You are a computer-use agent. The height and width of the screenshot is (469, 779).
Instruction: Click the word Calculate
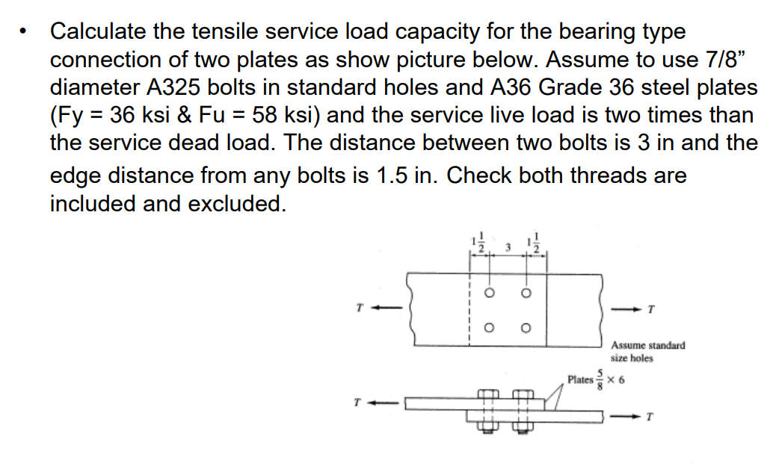[x=96, y=32]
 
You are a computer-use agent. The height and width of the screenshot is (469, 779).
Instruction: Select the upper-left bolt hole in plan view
[x=490, y=293]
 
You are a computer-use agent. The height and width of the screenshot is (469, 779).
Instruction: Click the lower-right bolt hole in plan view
[x=526, y=327]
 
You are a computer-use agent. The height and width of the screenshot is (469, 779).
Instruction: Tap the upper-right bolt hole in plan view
[x=526, y=293]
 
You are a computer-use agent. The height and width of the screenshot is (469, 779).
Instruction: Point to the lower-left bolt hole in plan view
[x=490, y=327]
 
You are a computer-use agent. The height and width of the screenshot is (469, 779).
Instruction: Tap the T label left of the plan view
[x=360, y=306]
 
